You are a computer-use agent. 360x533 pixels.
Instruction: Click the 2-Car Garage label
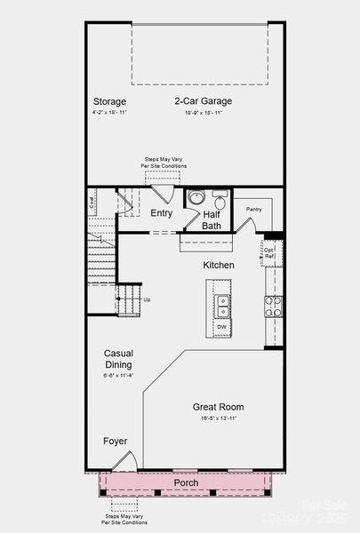coord(204,100)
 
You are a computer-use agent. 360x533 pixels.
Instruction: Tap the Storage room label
coord(108,100)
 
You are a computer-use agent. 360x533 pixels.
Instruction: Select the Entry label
coord(162,213)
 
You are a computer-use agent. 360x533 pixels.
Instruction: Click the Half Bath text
coord(212,219)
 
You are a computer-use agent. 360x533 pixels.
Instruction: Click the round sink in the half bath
coord(196,198)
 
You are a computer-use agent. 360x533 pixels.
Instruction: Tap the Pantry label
coord(254,210)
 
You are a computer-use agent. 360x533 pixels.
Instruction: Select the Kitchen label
coord(218,266)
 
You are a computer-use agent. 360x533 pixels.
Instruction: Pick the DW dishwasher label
coord(221,327)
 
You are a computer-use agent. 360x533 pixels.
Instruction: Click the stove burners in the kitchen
coord(273,306)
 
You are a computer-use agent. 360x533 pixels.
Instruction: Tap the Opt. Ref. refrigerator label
coord(269,253)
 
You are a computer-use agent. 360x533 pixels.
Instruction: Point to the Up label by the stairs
coord(147,299)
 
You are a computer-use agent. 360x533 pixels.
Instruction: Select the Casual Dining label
coord(118,359)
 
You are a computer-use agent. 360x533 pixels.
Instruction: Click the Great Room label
coord(218,407)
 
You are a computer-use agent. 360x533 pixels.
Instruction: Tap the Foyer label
coord(115,441)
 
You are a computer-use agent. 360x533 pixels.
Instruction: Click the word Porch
coord(186,482)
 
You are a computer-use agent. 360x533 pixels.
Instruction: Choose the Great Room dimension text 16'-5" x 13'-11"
coord(218,418)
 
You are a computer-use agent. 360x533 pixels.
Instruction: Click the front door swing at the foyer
coord(126,461)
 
